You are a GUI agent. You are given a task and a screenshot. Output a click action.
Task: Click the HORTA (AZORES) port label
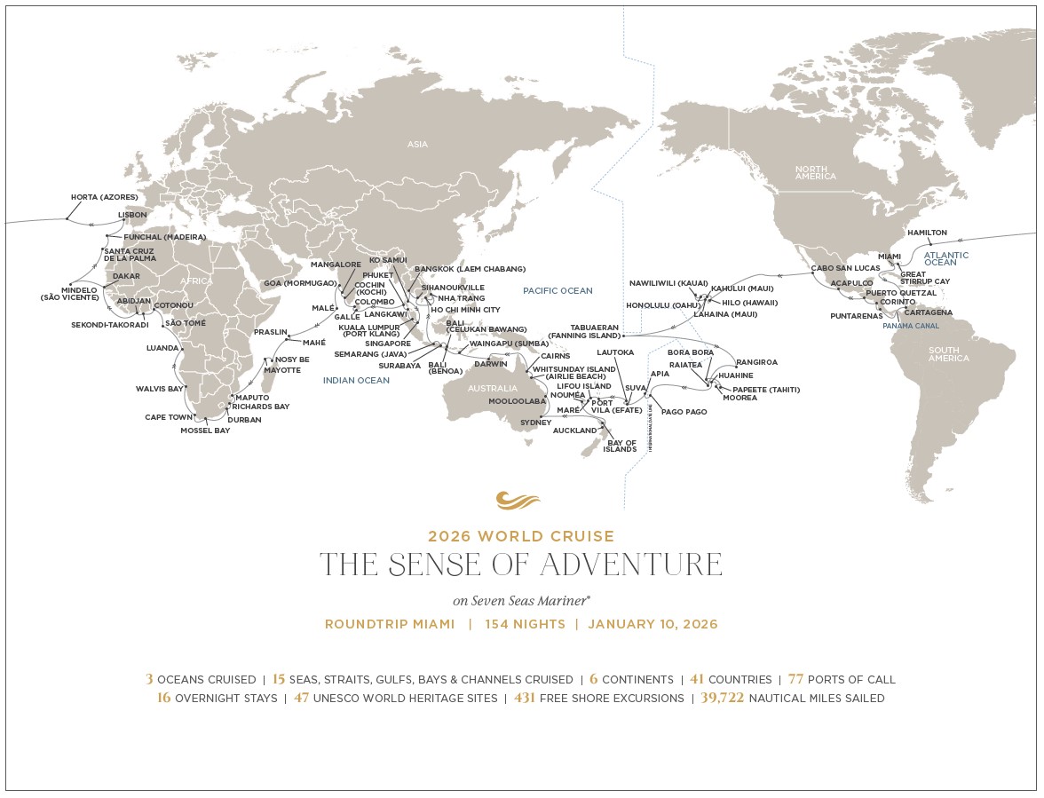(104, 197)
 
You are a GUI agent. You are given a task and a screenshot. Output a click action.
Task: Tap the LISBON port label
(133, 215)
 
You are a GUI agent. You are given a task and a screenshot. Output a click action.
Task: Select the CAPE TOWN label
(169, 417)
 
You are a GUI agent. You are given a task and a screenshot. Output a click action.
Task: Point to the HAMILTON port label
(927, 233)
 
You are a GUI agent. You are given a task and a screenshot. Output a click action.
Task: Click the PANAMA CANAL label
(910, 326)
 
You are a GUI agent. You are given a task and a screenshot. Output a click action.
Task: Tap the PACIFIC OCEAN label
(558, 290)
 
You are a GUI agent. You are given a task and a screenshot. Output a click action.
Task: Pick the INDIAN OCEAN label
(356, 380)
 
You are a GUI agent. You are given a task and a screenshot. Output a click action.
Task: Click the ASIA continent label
(417, 144)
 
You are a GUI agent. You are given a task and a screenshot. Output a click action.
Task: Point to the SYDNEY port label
(535, 423)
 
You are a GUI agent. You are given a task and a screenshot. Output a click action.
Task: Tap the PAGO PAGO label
(684, 412)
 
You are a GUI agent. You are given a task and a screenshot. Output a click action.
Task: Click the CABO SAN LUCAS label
(844, 268)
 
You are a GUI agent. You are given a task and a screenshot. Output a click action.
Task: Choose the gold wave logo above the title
(518, 501)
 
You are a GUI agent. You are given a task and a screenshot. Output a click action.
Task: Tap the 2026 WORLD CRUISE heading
(521, 536)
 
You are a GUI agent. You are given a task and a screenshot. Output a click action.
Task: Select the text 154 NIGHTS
(525, 624)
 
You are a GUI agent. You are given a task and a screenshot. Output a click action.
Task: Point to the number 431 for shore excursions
(525, 699)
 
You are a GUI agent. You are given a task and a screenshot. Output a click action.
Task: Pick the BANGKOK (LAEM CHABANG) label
(470, 268)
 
